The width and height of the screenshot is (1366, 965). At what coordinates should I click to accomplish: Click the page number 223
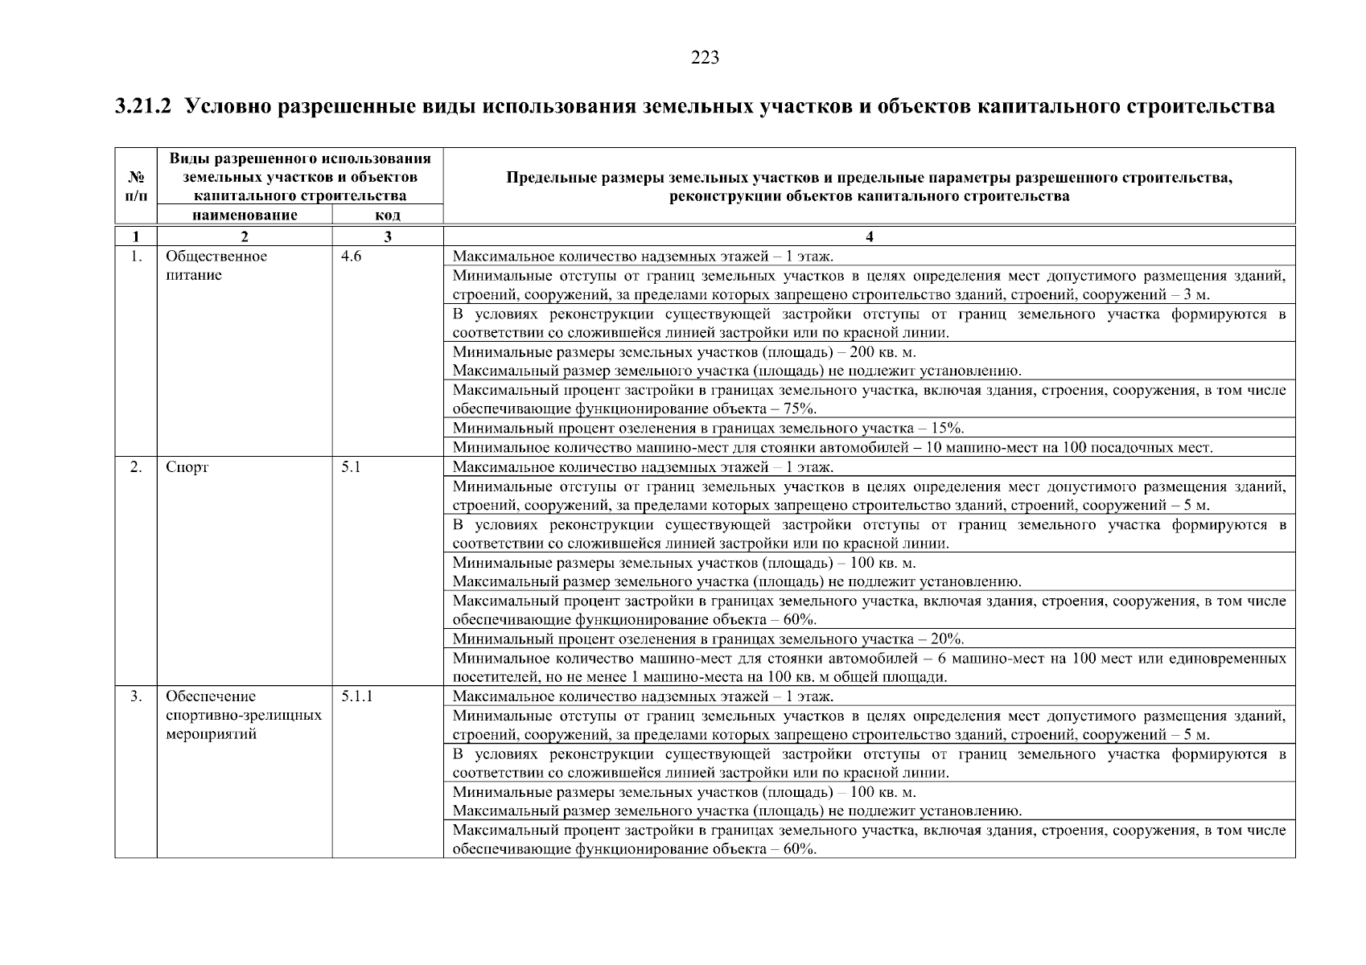point(705,58)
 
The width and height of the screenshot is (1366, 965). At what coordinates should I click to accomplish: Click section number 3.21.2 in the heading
point(143,106)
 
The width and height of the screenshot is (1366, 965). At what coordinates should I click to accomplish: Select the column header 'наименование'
point(245,215)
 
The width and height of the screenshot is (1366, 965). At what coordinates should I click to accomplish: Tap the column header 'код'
point(387,215)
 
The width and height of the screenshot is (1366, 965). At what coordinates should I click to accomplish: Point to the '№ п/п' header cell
point(135,187)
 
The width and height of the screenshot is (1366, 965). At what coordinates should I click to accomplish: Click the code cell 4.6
point(352,257)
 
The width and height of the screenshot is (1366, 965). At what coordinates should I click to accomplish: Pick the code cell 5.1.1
point(356,696)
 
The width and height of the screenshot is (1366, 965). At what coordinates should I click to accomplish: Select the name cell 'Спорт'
point(187,467)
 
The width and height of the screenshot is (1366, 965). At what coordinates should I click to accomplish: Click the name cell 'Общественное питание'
point(216,265)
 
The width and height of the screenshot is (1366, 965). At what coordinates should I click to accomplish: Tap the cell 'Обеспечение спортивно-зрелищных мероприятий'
point(243,715)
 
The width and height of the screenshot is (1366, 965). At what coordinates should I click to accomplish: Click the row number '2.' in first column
point(136,467)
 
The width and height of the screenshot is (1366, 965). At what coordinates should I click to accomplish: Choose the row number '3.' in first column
point(136,696)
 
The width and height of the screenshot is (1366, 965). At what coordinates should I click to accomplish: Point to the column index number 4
point(869,236)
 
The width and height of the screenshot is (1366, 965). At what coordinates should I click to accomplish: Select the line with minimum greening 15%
point(708,428)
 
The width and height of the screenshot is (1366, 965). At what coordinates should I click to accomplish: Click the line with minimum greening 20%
point(708,639)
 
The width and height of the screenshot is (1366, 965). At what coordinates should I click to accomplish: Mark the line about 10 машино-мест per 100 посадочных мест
point(832,448)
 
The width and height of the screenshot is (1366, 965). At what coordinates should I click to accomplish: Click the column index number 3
point(387,236)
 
